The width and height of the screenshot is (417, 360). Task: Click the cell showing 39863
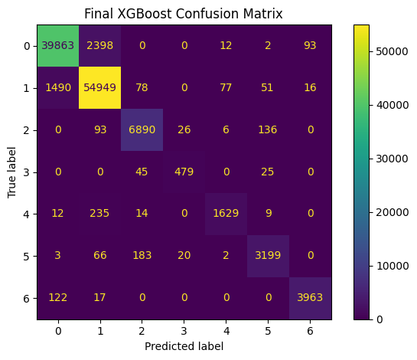click(x=58, y=45)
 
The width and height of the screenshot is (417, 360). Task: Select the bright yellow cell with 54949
click(x=100, y=87)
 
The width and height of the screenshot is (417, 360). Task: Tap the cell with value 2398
click(x=100, y=45)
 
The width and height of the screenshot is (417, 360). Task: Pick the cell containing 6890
click(x=142, y=129)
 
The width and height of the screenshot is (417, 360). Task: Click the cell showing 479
click(x=184, y=172)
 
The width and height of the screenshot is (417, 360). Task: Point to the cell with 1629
click(x=226, y=214)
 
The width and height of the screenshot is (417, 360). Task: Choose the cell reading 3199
click(x=268, y=256)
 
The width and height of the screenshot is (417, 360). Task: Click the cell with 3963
click(x=310, y=298)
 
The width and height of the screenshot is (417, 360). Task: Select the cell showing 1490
click(x=58, y=87)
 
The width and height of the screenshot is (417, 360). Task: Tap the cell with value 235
click(x=100, y=214)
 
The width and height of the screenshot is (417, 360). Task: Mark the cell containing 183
click(x=142, y=256)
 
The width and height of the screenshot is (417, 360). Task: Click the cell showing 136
click(x=268, y=129)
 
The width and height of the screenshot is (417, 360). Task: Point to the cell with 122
click(x=58, y=298)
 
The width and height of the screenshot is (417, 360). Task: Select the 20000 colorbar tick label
click(x=393, y=212)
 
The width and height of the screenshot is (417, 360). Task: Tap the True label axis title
click(x=11, y=172)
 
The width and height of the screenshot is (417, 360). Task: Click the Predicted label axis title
click(x=184, y=346)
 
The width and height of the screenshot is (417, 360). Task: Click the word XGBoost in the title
click(x=145, y=14)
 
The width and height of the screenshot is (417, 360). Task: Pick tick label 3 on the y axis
click(x=26, y=172)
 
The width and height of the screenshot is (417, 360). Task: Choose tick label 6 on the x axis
click(x=310, y=331)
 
